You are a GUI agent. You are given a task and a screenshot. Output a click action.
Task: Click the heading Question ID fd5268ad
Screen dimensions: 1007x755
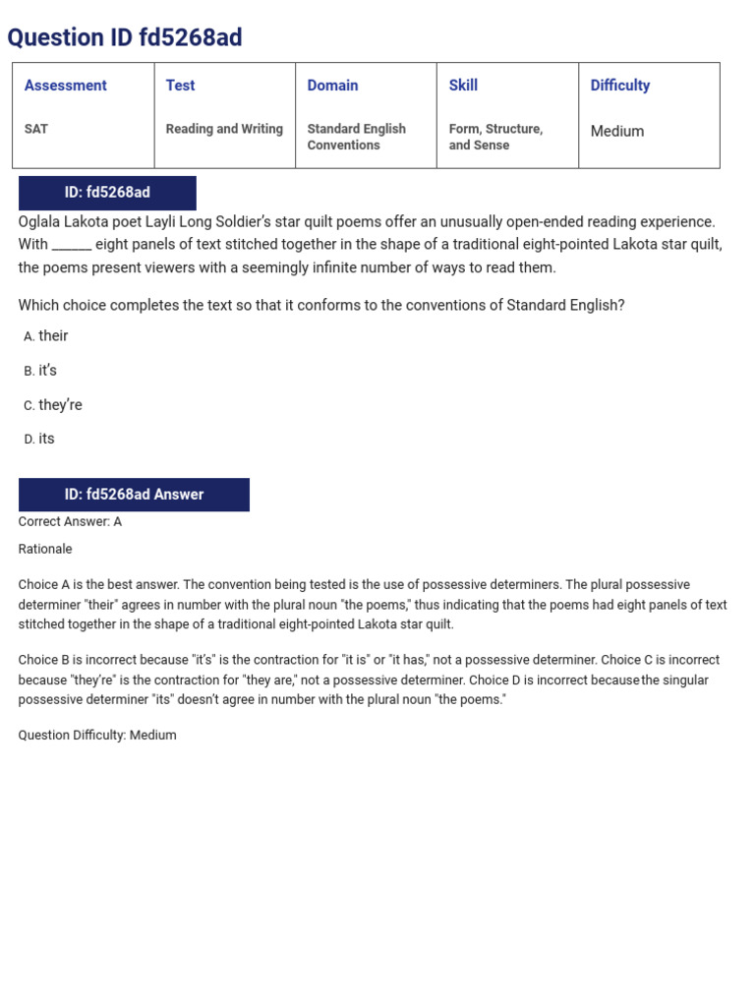coord(125,37)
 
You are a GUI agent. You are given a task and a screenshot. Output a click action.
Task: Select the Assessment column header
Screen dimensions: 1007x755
coord(66,86)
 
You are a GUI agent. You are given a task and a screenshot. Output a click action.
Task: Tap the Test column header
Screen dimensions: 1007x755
coord(180,86)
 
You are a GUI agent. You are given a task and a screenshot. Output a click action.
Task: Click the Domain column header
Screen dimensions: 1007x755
coord(332,86)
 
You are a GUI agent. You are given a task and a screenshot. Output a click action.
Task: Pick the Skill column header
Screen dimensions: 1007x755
coord(463,86)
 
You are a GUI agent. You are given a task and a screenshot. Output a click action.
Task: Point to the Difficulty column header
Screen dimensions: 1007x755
coord(619,86)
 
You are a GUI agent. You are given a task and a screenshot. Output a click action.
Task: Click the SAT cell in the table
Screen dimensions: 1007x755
coord(37,129)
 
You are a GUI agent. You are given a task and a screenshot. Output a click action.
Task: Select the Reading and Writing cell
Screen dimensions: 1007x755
coord(224,129)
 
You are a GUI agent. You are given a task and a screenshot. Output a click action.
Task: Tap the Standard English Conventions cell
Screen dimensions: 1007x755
coord(356,137)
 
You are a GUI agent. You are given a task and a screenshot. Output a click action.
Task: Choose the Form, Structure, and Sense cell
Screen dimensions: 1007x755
coord(495,137)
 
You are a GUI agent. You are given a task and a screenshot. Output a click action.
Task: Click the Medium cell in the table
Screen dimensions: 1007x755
coord(617,131)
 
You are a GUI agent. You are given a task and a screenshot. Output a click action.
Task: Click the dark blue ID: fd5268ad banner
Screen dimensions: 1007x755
coord(107,193)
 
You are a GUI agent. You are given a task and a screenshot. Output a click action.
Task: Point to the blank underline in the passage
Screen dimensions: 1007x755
coord(72,245)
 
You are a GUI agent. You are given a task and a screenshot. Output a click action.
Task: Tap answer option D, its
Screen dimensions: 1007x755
coord(46,440)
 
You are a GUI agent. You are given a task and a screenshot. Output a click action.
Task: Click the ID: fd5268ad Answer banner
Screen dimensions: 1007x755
coord(134,495)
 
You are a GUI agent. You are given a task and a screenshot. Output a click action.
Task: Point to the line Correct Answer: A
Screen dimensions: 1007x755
coord(70,522)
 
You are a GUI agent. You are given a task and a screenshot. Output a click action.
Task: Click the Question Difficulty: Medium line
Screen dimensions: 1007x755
coord(97,736)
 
